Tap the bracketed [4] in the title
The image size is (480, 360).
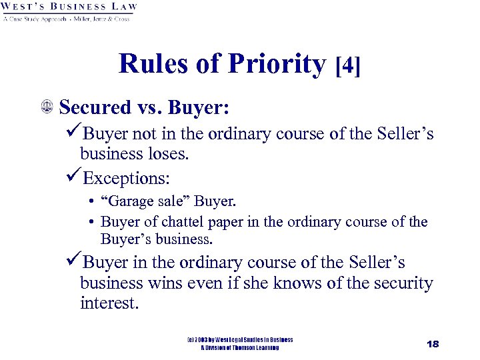pyautogui.click(x=349, y=66)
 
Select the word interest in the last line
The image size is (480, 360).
pyautogui.click(x=109, y=304)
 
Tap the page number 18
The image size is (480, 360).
pyautogui.click(x=433, y=343)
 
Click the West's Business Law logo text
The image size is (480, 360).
pyautogui.click(x=69, y=7)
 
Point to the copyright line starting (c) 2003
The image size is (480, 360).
pyautogui.click(x=240, y=340)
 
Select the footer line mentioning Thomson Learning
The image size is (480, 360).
pyautogui.click(x=240, y=348)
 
